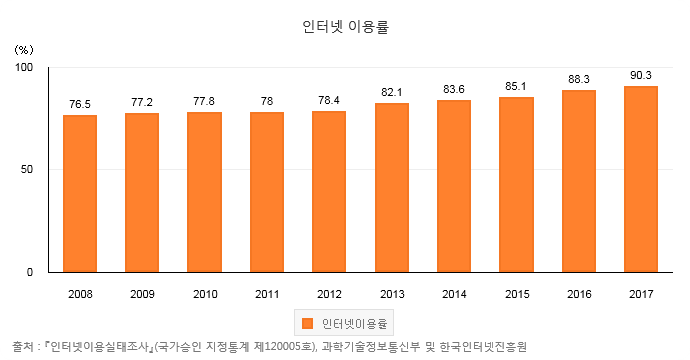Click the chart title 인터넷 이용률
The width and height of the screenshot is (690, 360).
(344, 27)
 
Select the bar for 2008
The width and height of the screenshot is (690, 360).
(80, 193)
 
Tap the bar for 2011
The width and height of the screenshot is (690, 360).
(267, 192)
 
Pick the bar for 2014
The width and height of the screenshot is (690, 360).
(454, 186)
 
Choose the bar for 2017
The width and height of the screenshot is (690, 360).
(641, 179)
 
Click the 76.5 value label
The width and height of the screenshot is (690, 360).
(80, 103)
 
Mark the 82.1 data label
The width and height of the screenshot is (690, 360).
(392, 92)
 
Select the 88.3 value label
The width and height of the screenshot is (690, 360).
(579, 79)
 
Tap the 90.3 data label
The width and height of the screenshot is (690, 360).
(641, 75)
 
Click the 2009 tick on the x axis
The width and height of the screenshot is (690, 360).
(142, 294)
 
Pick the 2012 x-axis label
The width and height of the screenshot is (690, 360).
(329, 294)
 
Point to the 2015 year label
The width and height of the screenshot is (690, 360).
(516, 294)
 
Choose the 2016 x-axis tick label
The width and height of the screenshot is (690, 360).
(579, 294)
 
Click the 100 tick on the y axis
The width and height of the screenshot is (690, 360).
(25, 67)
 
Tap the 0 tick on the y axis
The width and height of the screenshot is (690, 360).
(31, 272)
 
